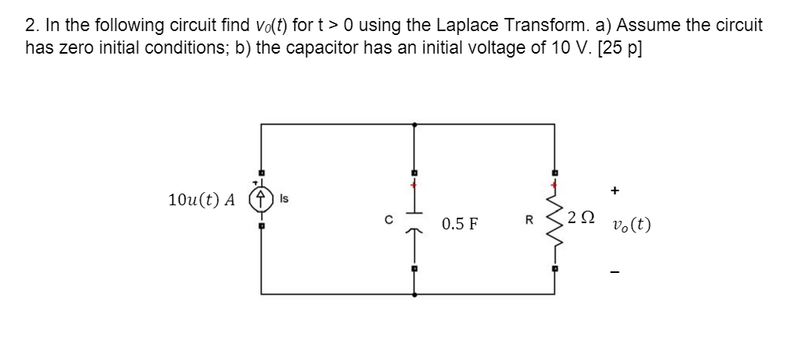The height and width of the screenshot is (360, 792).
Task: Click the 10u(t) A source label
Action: click(x=201, y=200)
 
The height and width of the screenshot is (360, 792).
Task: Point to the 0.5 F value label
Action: click(x=459, y=225)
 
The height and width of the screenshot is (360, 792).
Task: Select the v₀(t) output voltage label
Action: click(x=631, y=225)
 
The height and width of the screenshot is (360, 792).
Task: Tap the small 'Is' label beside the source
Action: click(x=284, y=200)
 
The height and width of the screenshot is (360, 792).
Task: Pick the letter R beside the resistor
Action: click(x=528, y=219)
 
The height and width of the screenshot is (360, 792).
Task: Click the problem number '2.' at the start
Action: click(x=32, y=26)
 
